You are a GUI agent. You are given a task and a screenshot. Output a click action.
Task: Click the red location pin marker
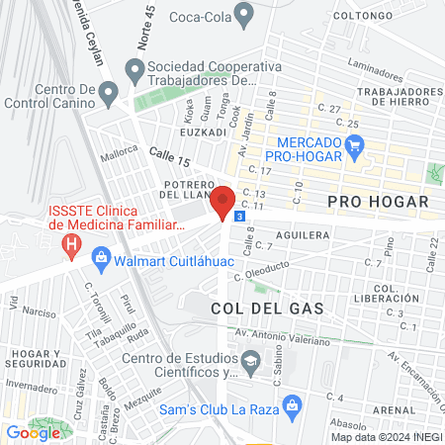223,201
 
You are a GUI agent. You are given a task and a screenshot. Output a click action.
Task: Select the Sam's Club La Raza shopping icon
291,404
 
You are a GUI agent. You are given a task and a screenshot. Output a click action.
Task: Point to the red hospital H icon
70,242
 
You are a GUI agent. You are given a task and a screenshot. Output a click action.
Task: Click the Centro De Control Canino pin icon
110,92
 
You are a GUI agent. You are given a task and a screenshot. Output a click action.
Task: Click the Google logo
33,431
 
